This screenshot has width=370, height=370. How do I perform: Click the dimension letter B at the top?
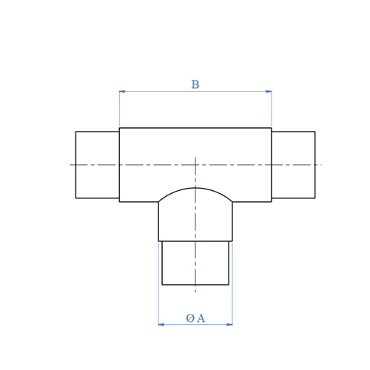(x=195, y=85)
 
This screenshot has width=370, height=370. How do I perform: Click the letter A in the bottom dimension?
(x=201, y=318)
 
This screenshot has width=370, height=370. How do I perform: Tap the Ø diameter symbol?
(x=190, y=318)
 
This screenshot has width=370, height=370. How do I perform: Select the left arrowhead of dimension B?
(x=122, y=92)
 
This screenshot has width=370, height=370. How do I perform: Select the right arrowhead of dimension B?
(x=269, y=92)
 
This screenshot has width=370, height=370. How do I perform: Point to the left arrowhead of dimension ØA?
(x=161, y=324)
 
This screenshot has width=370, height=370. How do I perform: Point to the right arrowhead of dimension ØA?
(x=229, y=324)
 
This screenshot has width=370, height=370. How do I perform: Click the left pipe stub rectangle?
(x=97, y=165)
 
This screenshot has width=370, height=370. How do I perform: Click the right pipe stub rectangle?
(x=293, y=165)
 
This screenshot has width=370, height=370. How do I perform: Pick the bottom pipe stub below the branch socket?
(x=195, y=263)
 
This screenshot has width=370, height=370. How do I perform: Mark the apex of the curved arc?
(x=195, y=188)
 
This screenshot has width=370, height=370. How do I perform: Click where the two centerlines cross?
(x=195, y=164)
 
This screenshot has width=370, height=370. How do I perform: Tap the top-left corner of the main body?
(x=119, y=128)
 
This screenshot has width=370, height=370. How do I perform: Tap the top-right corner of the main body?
(x=272, y=128)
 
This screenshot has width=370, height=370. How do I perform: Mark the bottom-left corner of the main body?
(x=119, y=202)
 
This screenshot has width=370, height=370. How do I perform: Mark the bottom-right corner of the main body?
(x=272, y=202)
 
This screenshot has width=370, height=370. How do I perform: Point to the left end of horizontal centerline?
(x=71, y=164)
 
